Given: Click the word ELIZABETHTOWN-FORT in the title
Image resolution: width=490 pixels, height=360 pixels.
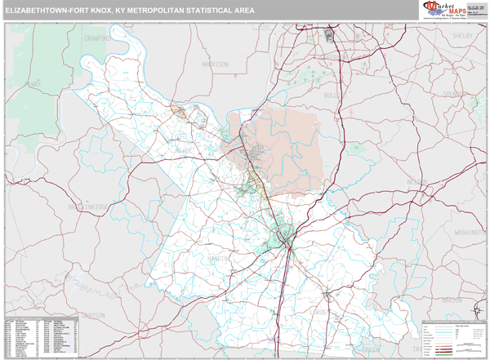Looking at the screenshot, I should click(52, 11).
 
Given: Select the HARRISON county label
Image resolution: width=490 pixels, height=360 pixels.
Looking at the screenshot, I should click(215, 63).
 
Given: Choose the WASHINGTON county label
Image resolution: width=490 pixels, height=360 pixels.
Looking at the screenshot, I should click(470, 233).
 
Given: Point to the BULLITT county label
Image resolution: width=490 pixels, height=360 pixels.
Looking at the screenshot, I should click(333, 96).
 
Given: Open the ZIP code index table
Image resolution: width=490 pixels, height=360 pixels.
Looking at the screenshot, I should click(42, 335).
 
